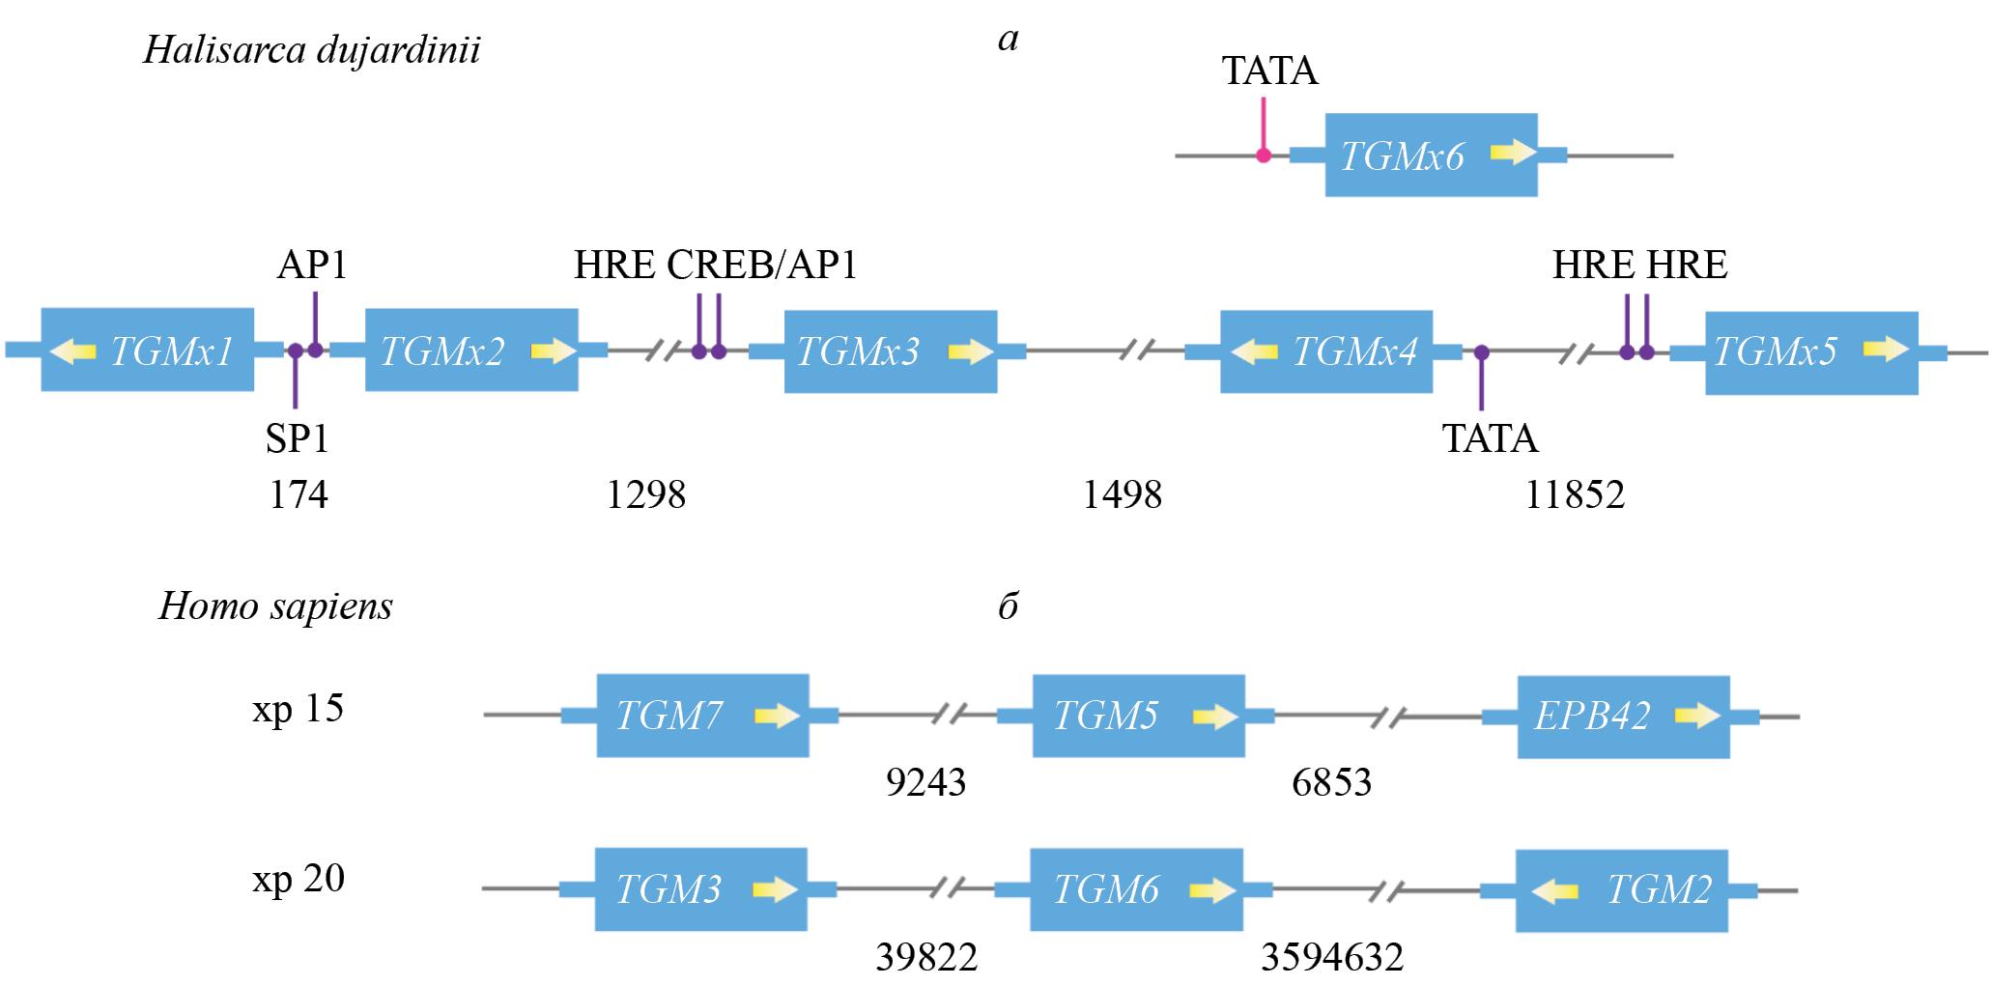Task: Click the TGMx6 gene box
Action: [x=1431, y=155]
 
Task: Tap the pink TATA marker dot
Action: [x=1263, y=155]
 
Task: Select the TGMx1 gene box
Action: [x=148, y=350]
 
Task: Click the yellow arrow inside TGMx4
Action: [x=1254, y=352]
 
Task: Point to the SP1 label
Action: [x=297, y=439]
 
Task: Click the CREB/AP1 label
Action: [x=761, y=265]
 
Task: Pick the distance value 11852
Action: [x=1574, y=494]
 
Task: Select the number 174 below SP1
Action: [x=298, y=494]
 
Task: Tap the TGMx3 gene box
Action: [x=890, y=352]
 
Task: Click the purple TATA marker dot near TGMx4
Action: [x=1481, y=352]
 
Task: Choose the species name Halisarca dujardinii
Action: [x=311, y=50]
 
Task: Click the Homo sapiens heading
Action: [x=275, y=606]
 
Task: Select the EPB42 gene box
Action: [x=1623, y=717]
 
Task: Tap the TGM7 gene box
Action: [x=702, y=716]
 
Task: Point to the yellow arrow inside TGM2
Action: [x=1554, y=890]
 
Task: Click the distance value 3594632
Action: [x=1331, y=957]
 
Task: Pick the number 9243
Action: [x=924, y=782]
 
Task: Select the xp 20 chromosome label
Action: [x=298, y=879]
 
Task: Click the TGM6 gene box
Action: [x=1136, y=889]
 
